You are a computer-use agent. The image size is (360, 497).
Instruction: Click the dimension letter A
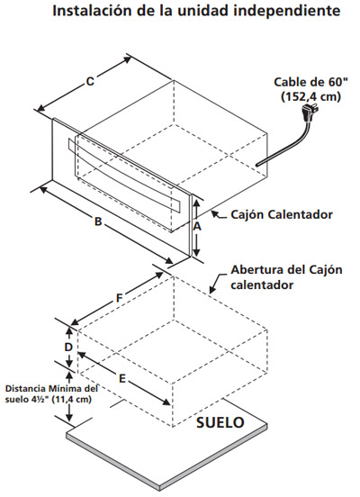point(197,227)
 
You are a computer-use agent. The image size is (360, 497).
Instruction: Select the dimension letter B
point(98,221)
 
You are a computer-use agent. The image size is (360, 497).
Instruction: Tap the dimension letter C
point(90,81)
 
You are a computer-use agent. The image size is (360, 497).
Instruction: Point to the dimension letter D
point(68,348)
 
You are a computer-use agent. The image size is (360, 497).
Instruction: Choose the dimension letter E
point(122,378)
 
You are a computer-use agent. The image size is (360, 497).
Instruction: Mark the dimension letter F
point(119,298)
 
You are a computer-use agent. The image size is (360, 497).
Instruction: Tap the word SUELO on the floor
point(220,422)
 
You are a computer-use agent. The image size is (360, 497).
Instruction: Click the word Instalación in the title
point(92,11)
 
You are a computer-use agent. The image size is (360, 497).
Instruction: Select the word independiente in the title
point(289,11)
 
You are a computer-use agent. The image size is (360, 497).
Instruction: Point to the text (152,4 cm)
point(310,96)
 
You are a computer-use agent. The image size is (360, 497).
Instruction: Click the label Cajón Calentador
point(282,214)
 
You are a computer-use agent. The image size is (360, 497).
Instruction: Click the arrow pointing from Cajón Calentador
point(220,215)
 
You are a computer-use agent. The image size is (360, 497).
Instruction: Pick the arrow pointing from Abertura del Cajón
point(218,283)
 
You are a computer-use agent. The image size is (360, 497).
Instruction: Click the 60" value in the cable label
point(338,82)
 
